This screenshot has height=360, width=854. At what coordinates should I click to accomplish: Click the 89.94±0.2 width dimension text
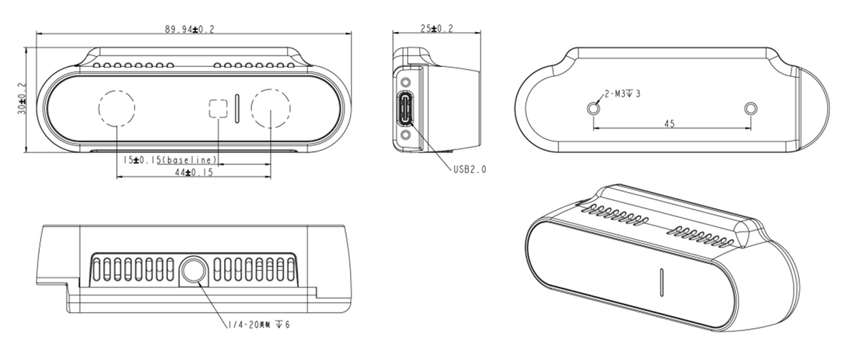pyautogui.click(x=190, y=29)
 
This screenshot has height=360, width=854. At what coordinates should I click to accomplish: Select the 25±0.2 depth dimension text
pyautogui.click(x=437, y=28)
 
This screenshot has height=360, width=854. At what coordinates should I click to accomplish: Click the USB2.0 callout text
pyautogui.click(x=470, y=170)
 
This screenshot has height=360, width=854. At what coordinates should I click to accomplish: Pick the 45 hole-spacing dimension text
pyautogui.click(x=669, y=123)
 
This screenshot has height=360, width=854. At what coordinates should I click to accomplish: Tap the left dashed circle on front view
pyautogui.click(x=116, y=109)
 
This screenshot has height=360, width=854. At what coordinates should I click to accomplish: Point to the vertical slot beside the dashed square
pyautogui.click(x=236, y=108)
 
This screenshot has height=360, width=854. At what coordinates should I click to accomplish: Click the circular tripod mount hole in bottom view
pyautogui.click(x=194, y=272)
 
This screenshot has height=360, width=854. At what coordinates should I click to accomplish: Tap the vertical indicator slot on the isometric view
pyautogui.click(x=662, y=282)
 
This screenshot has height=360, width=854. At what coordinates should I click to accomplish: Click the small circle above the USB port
pyautogui.click(x=406, y=83)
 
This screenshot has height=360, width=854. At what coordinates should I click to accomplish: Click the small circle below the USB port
pyautogui.click(x=406, y=135)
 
